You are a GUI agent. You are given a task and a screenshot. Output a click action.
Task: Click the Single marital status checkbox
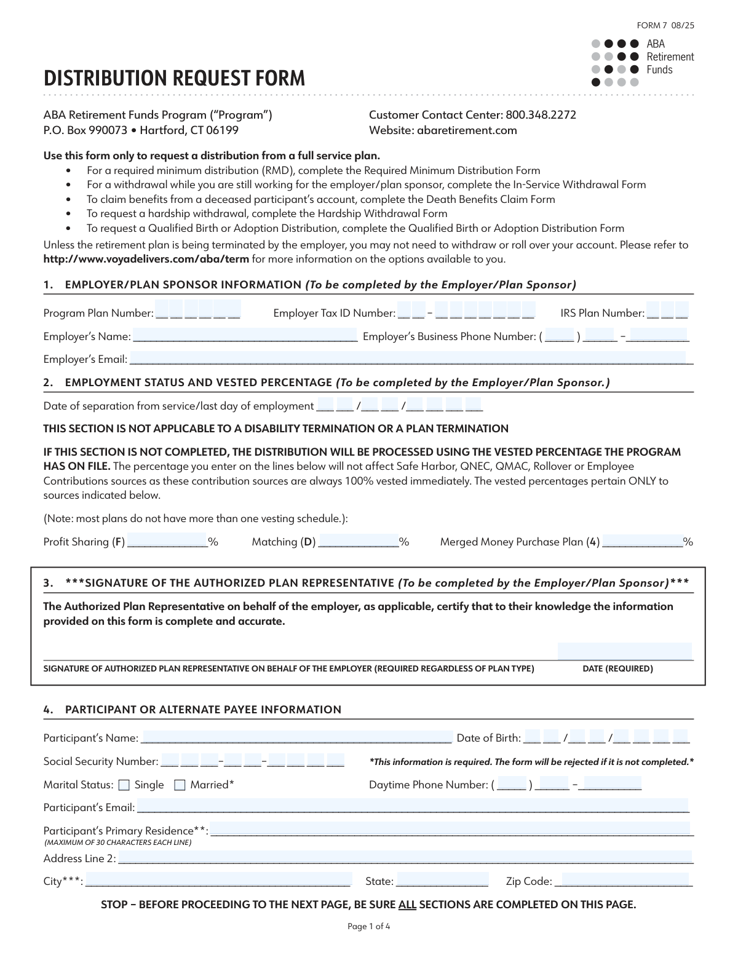point(124,785)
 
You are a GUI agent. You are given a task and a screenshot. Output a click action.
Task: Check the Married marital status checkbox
point(180,785)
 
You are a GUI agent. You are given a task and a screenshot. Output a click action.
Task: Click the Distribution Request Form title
point(174,79)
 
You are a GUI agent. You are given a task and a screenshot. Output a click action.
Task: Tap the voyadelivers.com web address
point(146,259)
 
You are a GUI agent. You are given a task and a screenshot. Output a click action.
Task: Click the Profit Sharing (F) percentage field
point(166,541)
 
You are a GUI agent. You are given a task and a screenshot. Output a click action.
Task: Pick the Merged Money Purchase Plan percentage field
point(642,541)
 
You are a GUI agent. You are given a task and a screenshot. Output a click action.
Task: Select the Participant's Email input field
point(412,806)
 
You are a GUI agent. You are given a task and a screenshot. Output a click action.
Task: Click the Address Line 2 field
point(404,857)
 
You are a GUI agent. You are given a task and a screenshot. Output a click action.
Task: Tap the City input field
point(218,880)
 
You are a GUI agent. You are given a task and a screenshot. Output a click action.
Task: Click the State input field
point(442,880)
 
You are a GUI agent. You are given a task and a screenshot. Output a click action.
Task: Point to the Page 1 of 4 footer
point(369,927)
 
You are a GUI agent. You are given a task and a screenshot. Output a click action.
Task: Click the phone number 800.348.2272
point(541,115)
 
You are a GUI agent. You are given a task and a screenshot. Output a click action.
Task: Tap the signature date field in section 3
point(625,652)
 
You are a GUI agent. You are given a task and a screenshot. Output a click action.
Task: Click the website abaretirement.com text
point(467,130)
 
